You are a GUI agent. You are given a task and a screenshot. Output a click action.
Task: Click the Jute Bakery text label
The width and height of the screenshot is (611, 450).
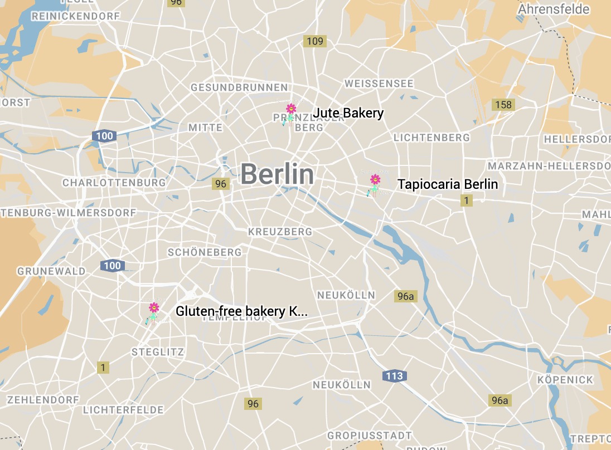[x=348, y=113]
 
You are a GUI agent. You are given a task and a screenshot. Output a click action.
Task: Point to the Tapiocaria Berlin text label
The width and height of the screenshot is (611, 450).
[x=447, y=184]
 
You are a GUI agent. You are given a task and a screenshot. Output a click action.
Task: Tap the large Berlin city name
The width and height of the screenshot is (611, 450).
[x=277, y=174]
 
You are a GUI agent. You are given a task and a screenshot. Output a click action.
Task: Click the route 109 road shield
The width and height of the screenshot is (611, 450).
[x=314, y=41]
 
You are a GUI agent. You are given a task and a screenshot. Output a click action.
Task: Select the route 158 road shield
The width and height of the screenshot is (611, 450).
[x=503, y=105]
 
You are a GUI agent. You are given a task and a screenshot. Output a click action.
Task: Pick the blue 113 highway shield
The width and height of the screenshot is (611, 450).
[x=394, y=376]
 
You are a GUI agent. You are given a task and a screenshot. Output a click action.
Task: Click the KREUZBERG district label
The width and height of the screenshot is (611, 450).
[x=280, y=231]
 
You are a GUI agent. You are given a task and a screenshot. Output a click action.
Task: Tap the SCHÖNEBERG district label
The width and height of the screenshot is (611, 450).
[x=205, y=252]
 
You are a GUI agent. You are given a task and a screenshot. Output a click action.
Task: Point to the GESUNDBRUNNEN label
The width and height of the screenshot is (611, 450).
[x=239, y=87]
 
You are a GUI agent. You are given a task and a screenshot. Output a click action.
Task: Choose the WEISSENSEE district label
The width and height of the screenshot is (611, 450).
[x=379, y=84]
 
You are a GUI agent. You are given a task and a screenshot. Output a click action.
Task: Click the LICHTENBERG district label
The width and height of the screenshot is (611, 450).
[x=431, y=137]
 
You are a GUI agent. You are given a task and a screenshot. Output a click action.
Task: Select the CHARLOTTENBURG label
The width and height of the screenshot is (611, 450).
[x=114, y=183]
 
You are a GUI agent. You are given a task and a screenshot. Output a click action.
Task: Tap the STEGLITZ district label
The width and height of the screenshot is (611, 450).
[x=157, y=352]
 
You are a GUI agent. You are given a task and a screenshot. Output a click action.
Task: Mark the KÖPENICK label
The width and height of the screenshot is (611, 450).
[x=565, y=380]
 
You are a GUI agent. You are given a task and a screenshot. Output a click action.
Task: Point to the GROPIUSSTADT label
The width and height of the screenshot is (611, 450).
[x=370, y=435]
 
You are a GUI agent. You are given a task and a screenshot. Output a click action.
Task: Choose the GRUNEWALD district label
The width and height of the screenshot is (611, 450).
[x=51, y=271]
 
